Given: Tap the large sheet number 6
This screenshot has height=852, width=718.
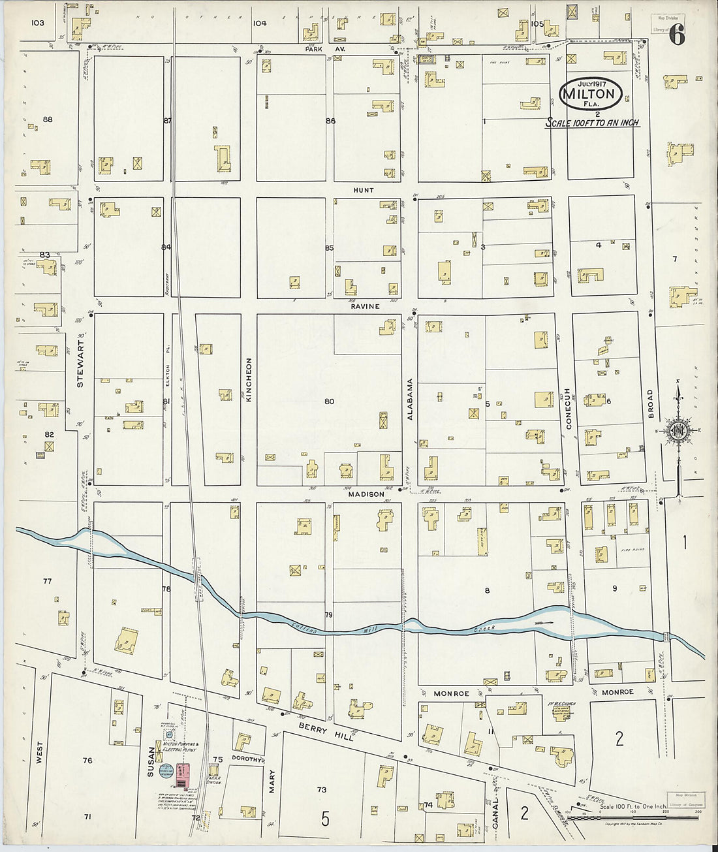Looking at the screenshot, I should [677, 37].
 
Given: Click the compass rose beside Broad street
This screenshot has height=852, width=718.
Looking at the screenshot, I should [678, 430].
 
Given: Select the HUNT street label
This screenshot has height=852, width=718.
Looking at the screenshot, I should [364, 190].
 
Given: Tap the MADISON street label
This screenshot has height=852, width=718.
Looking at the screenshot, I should [366, 494].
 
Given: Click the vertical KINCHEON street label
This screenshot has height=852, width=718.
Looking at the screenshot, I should [249, 379].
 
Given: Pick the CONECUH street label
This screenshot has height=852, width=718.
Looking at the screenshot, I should [568, 409].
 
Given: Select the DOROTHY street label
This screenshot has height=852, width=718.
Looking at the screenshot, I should [246, 760].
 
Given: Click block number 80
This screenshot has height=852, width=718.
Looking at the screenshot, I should [329, 401].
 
